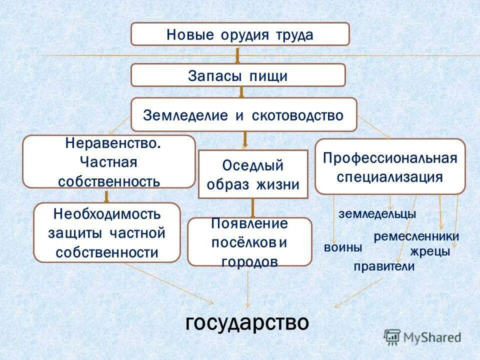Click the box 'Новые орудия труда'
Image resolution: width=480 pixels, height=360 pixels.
[x=240, y=34]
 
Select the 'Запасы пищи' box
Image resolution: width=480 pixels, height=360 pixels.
[x=238, y=75]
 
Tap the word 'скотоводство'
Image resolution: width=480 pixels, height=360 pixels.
[x=298, y=115]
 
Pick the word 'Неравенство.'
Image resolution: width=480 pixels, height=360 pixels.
[x=113, y=143]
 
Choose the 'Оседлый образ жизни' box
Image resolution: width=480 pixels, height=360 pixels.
[x=253, y=174]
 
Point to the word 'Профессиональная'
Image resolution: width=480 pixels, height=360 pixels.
[x=390, y=158]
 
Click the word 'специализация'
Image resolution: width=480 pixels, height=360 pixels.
[x=390, y=177]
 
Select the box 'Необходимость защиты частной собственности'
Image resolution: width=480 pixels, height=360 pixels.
[x=107, y=233]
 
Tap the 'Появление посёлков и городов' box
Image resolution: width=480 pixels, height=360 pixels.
[x=249, y=242]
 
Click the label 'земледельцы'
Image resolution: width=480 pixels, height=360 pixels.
[x=377, y=214]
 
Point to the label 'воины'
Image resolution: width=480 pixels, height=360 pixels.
[x=343, y=247]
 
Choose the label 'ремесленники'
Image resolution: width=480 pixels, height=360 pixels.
[x=416, y=236]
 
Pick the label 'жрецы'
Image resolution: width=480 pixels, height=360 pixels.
[x=430, y=251]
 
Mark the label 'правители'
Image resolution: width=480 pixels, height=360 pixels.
[x=384, y=266]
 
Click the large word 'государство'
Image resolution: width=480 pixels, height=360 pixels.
[x=247, y=322]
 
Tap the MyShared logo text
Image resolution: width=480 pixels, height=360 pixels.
[x=432, y=337]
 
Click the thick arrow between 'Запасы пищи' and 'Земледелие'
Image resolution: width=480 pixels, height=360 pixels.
[x=241, y=92]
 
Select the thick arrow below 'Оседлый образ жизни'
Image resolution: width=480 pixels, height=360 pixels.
[x=253, y=207]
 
